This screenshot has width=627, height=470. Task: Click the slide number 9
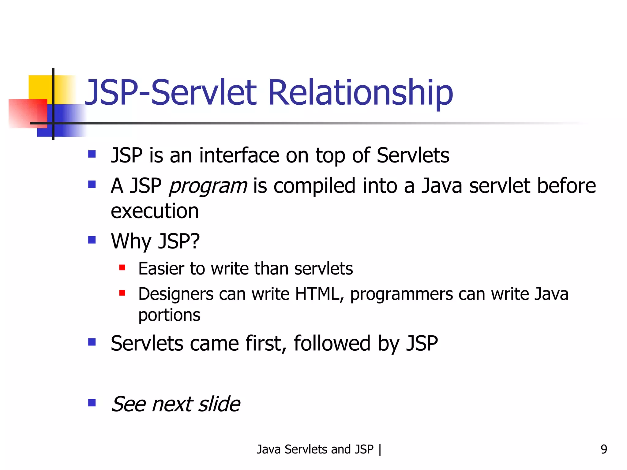point(603,449)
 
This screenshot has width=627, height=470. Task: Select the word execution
point(155,211)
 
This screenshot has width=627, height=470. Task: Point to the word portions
point(169,315)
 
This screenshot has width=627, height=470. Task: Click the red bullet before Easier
point(122,268)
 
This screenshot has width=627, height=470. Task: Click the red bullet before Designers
point(122,293)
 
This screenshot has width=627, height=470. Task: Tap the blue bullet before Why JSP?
point(92,240)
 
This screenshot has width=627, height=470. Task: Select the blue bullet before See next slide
point(92,403)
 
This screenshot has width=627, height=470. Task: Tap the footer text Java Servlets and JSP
point(315,449)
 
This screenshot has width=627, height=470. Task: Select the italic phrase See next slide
point(175,404)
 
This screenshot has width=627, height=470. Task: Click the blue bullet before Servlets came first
point(92,342)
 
